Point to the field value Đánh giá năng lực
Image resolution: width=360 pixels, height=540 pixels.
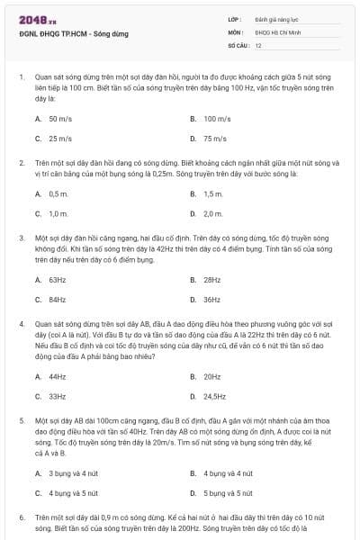(x=274, y=18)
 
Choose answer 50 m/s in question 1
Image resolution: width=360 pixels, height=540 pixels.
(x=60, y=118)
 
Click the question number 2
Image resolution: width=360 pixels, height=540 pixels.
(x=21, y=163)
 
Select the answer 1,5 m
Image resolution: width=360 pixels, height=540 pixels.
(x=212, y=193)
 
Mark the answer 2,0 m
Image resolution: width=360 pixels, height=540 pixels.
(x=212, y=214)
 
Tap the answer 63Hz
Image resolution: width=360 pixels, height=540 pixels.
(x=58, y=279)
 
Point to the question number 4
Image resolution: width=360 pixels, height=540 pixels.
(x=21, y=321)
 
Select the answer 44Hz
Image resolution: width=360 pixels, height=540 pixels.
(x=58, y=376)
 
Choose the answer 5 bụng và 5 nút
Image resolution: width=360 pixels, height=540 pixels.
(x=228, y=493)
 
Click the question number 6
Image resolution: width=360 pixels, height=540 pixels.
(x=21, y=518)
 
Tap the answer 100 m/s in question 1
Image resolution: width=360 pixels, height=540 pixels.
(x=217, y=118)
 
